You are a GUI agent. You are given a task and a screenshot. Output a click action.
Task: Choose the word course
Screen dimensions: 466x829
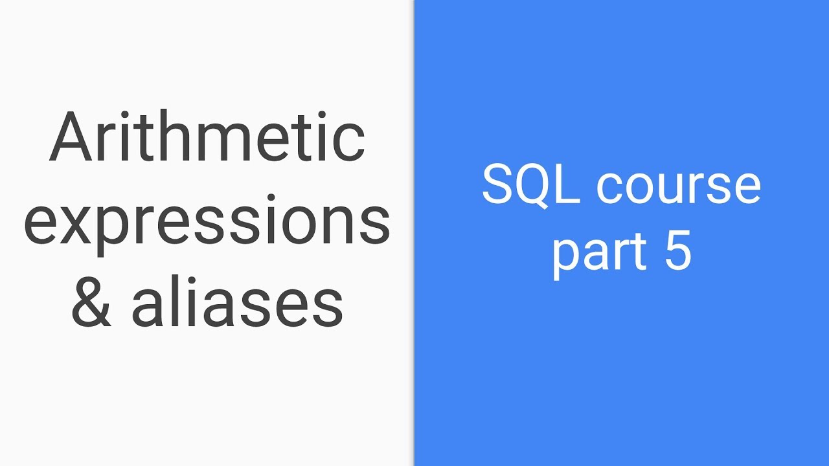point(678,188)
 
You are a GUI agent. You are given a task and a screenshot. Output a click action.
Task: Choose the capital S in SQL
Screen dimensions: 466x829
point(497,186)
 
